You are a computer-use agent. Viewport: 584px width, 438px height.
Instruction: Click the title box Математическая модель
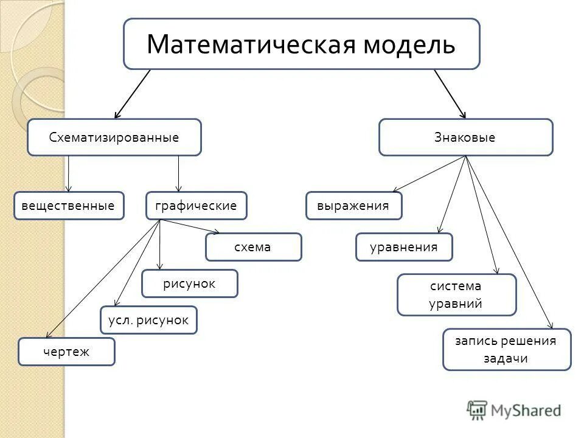[301, 44]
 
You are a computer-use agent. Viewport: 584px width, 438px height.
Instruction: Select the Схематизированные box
[114, 137]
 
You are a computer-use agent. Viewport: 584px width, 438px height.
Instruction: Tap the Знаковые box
[465, 137]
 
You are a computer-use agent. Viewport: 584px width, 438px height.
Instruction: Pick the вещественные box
[69, 206]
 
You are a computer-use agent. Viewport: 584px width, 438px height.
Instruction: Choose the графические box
[196, 206]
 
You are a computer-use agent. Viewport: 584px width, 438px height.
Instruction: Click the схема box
[253, 247]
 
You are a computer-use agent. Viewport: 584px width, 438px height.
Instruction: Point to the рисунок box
[189, 283]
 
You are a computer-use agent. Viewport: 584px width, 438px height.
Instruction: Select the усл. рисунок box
[148, 320]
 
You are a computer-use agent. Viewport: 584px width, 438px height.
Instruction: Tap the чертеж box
[66, 352]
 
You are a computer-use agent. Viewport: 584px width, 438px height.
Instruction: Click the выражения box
[353, 206]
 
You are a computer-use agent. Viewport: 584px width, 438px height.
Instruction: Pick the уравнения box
[404, 247]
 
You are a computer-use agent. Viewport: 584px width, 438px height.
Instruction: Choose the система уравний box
[456, 294]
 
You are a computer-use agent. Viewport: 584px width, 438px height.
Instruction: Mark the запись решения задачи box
[506, 349]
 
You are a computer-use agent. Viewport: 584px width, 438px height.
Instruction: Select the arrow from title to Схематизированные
[132, 93]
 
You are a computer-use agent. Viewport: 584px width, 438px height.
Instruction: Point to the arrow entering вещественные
[69, 176]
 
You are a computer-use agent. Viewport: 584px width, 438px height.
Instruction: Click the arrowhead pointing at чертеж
[48, 335]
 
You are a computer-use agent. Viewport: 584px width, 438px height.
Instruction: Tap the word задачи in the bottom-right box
[506, 358]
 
